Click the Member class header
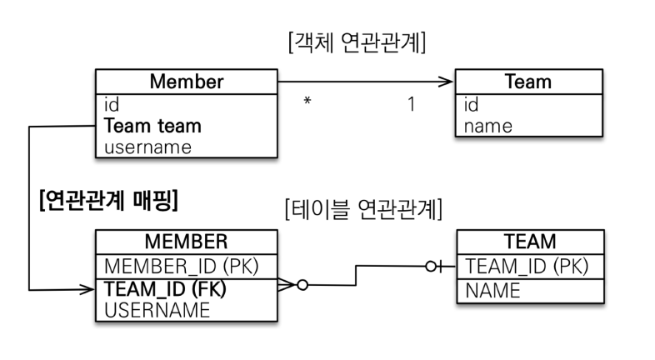pyautogui.click(x=186, y=82)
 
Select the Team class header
pyautogui.click(x=527, y=82)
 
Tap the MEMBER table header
pyautogui.click(x=186, y=242)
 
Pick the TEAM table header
pyautogui.click(x=530, y=242)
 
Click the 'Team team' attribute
pyautogui.click(x=152, y=127)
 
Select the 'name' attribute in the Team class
pyautogui.click(x=489, y=127)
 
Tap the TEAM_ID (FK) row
pyautogui.click(x=165, y=290)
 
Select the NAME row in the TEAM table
pyautogui.click(x=492, y=291)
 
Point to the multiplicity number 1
pyautogui.click(x=411, y=106)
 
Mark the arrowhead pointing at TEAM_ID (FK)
pyautogui.click(x=87, y=290)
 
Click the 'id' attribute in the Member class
pyautogui.click(x=112, y=106)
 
